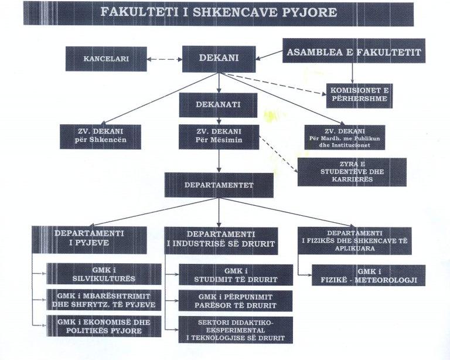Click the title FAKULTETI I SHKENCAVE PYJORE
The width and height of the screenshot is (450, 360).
pyautogui.click(x=219, y=12)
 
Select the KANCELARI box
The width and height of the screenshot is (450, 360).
pyautogui.click(x=106, y=59)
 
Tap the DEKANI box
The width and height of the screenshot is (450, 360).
pyautogui.click(x=219, y=59)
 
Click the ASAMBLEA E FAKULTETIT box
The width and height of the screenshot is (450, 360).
pyautogui.click(x=354, y=50)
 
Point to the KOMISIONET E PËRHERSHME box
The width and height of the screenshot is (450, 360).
pyautogui.click(x=359, y=96)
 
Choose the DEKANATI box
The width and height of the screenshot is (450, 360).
pyautogui.click(x=218, y=105)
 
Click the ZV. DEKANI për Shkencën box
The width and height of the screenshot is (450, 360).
pyautogui.click(x=100, y=137)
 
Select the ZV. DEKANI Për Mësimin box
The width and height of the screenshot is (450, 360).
pyautogui.click(x=219, y=137)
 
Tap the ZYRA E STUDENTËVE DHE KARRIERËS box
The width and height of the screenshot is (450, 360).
pyautogui.click(x=352, y=172)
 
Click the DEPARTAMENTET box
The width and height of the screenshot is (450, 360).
pyautogui.click(x=219, y=185)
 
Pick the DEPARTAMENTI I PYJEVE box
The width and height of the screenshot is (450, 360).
pyautogui.click(x=89, y=240)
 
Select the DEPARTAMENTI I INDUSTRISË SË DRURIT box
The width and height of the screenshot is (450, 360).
pyautogui.click(x=221, y=241)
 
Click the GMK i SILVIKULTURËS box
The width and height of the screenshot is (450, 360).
pyautogui.click(x=104, y=274)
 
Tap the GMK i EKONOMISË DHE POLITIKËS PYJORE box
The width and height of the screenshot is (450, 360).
pyautogui.click(x=104, y=326)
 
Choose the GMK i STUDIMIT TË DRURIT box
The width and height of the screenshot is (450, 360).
pyautogui.click(x=236, y=275)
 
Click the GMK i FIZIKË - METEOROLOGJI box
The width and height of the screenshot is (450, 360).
pyautogui.click(x=369, y=276)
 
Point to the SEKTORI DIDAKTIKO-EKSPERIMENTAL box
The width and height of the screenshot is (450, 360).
pyautogui.click(x=236, y=330)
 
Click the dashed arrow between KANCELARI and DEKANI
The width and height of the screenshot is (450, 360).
pyautogui.click(x=165, y=59)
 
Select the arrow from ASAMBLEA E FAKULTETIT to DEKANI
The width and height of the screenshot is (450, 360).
pyautogui.click(x=269, y=55)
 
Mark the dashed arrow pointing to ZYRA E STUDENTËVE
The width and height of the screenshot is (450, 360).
pyautogui.click(x=278, y=154)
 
